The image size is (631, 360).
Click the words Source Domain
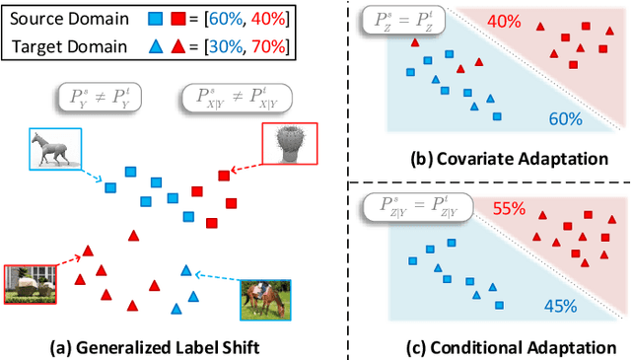tap(64, 18)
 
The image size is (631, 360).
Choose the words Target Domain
tap(64, 44)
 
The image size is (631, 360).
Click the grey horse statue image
tap(48, 151)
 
